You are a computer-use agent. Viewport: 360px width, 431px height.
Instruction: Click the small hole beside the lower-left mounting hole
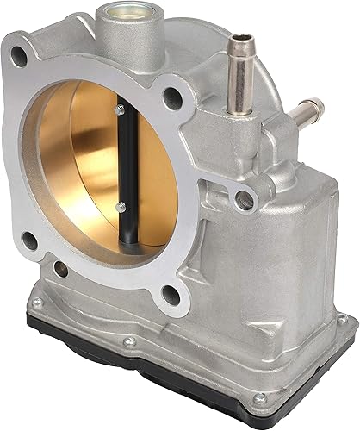point(60,272)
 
